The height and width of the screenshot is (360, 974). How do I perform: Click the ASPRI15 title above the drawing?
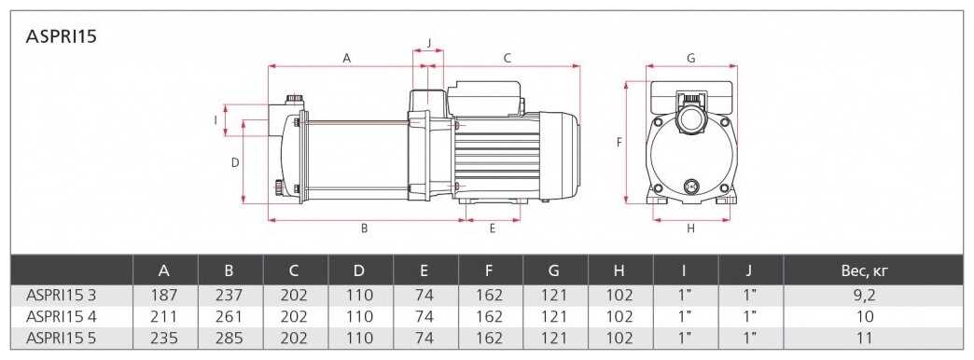point(61,36)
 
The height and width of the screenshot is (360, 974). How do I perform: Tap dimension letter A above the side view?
point(347,58)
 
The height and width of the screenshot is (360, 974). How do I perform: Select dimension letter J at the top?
point(428,44)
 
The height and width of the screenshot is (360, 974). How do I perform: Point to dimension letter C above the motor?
point(507,58)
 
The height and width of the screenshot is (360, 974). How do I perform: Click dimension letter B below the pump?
point(365,228)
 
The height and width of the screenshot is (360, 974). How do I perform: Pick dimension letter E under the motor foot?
point(492,228)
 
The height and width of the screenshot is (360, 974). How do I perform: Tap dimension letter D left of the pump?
point(235,162)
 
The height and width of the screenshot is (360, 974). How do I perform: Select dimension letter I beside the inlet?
point(216,119)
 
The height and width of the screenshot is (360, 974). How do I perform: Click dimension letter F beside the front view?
point(619,142)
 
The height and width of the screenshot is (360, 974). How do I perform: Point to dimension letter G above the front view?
point(690,58)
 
